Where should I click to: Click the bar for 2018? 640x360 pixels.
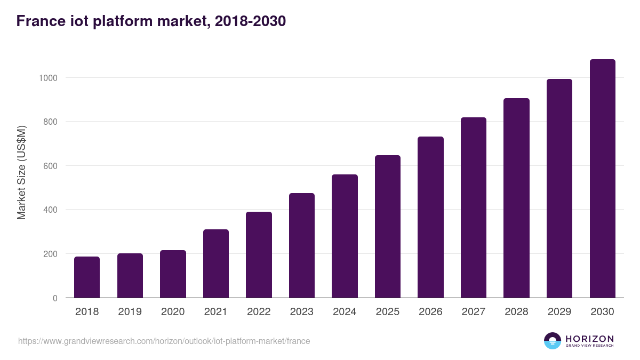click(87, 277)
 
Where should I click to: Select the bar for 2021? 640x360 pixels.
click(216, 263)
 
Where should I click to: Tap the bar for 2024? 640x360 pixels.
click(345, 236)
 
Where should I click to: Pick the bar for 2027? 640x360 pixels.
click(474, 207)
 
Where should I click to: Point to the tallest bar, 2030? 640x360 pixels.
click(602, 179)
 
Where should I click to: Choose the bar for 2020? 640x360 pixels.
click(173, 274)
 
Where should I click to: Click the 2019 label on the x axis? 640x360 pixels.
click(130, 312)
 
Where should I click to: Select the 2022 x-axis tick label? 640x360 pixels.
click(259, 312)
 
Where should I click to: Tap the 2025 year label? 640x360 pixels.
click(388, 312)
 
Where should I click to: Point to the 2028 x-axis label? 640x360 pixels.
click(516, 312)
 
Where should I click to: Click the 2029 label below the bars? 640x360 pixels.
click(559, 312)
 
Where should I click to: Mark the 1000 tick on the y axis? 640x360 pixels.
click(48, 78)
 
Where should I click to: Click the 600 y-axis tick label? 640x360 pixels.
click(50, 166)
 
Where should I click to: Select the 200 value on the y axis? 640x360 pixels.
click(50, 254)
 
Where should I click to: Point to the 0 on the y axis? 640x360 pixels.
click(55, 298)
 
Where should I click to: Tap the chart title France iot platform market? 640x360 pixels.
click(151, 21)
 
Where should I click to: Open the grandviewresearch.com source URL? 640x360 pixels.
click(164, 341)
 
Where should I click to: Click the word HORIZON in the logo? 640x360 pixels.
click(589, 339)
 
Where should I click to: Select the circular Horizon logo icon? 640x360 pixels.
click(552, 341)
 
